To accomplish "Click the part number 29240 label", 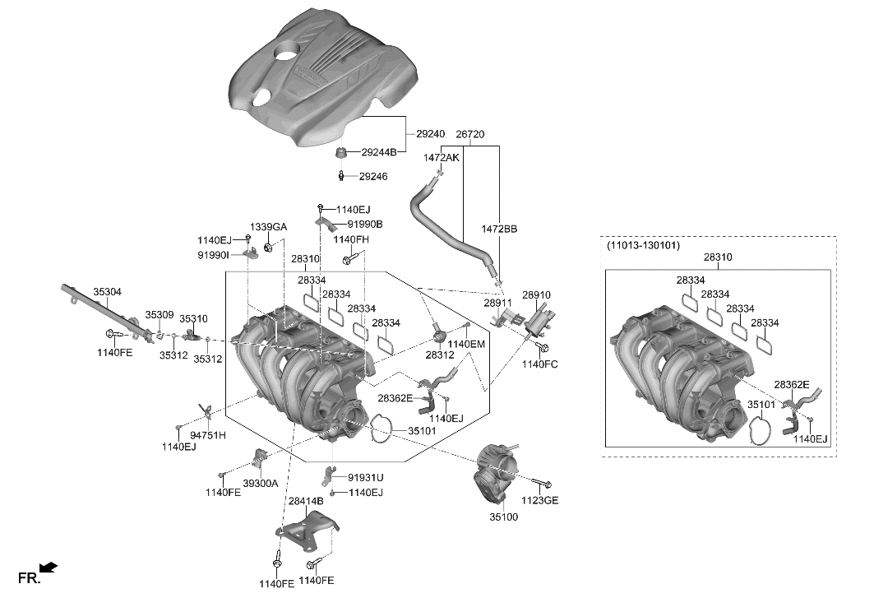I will click(x=430, y=133).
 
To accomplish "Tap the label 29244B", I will click(x=379, y=152).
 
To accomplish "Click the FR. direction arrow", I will click(x=49, y=567).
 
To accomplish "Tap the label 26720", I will click(x=469, y=133).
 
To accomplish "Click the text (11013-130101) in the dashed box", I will click(x=644, y=245).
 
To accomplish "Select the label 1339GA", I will click(x=269, y=227).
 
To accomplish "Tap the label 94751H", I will click(x=208, y=434).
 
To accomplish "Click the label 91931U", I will click(x=365, y=477).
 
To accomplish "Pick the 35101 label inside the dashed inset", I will click(x=761, y=405).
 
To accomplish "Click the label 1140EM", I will click(x=466, y=344).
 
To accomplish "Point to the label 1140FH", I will click(x=351, y=239).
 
